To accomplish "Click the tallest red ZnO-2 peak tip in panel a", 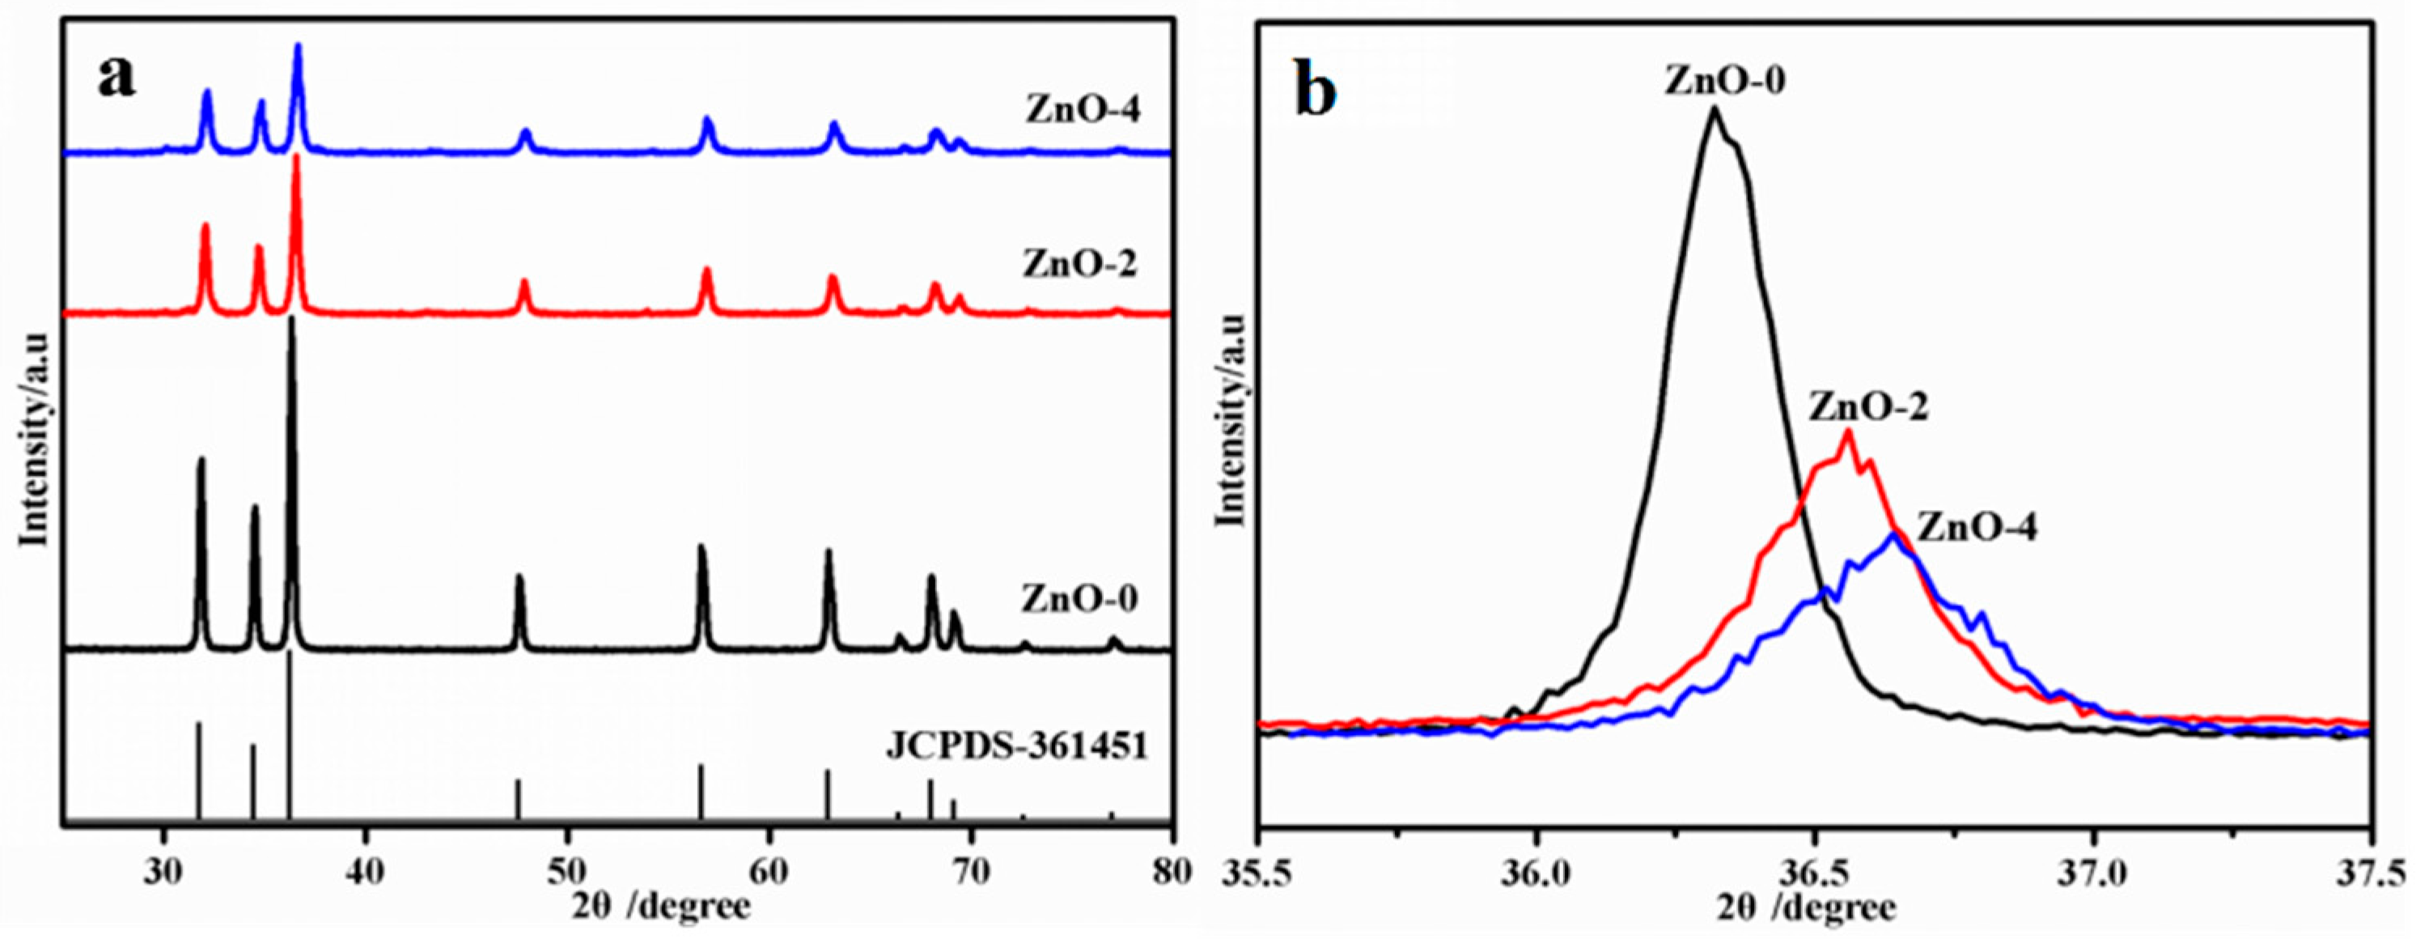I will coord(296,155).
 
